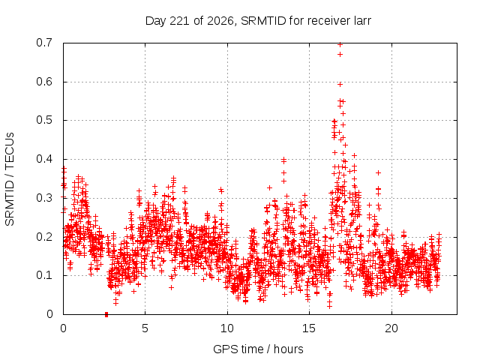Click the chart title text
(x=258, y=21)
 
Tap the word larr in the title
(x=362, y=21)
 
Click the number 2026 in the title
(x=220, y=21)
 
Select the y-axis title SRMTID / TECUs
(x=10, y=179)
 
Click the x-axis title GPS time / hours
(x=258, y=349)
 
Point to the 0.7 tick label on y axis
(x=44, y=43)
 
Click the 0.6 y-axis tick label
(x=44, y=82)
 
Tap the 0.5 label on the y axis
(x=44, y=120)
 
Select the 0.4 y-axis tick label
(x=44, y=159)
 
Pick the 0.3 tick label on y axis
(x=44, y=198)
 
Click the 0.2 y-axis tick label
(x=44, y=237)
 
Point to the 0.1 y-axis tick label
(x=44, y=275)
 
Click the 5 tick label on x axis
(x=145, y=328)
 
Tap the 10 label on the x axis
(x=227, y=328)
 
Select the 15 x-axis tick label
(x=309, y=328)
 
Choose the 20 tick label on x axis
(x=391, y=328)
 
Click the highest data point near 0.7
(x=340, y=45)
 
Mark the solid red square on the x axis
(x=106, y=314)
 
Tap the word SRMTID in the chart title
(x=263, y=21)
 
